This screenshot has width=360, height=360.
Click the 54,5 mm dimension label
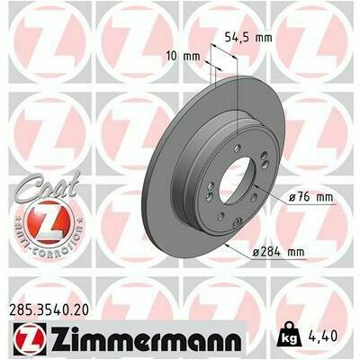248,38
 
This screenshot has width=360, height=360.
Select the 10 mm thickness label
184,56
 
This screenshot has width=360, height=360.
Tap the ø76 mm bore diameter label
310,198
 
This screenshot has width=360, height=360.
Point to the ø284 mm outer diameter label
278,252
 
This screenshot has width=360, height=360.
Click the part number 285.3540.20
49,310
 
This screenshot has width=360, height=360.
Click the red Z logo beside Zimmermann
30,340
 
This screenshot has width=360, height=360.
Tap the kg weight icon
290,335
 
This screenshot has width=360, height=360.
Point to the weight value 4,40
322,336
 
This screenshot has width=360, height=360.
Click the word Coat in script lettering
48,187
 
